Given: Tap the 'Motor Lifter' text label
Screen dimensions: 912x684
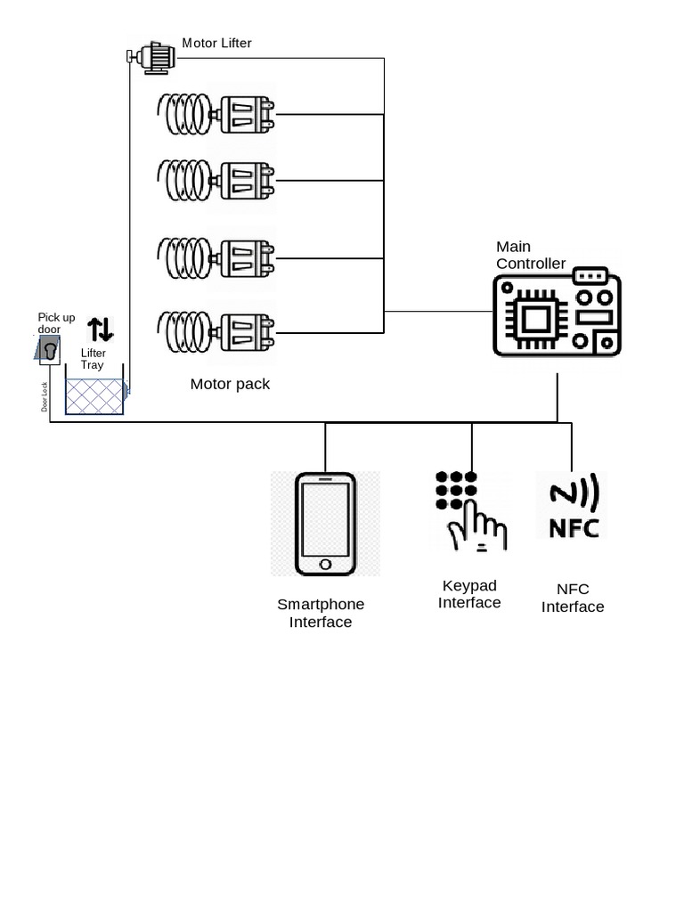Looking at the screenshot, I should pos(217,43).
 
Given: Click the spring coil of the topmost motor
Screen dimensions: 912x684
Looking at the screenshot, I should pos(185,113).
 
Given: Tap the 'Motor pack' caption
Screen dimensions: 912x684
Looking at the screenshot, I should pos(230,384).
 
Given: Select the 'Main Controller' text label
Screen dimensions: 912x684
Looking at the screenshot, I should pos(530,255).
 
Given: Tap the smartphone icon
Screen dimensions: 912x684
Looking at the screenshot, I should pos(325,524).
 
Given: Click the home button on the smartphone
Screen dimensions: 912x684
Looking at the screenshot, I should pos(325,565).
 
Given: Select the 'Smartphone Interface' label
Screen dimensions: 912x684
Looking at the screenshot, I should pos(321,613).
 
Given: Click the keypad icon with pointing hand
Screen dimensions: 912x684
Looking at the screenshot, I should pos(470,511).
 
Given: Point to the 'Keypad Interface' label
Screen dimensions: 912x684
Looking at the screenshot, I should pos(469,594).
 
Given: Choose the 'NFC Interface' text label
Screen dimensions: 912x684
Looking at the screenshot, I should pos(573,598).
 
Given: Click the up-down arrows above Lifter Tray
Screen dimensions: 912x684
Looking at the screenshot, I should pos(101,330).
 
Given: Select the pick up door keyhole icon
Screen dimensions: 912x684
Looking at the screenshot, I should pos(47,349).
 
